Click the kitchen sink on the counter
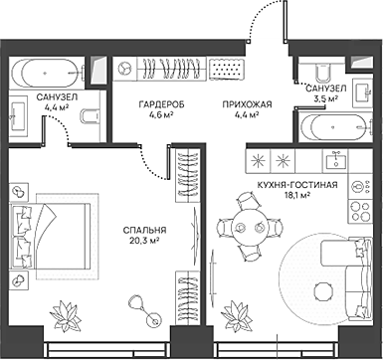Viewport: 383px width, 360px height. tap(339, 159)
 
